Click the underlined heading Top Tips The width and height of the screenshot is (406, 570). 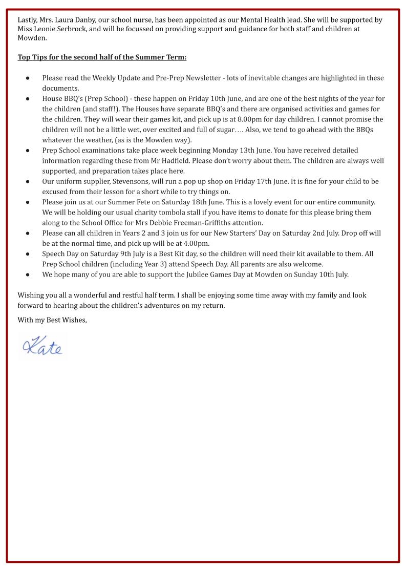102,57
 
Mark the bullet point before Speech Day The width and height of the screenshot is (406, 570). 27,254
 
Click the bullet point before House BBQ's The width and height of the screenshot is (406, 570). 27,99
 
